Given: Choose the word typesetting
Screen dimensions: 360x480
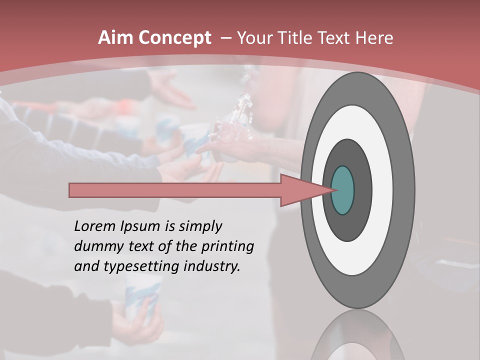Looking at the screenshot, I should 139,267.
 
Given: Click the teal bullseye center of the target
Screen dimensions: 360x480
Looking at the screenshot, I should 342,190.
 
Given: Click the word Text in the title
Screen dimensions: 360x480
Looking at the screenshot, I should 336,38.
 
